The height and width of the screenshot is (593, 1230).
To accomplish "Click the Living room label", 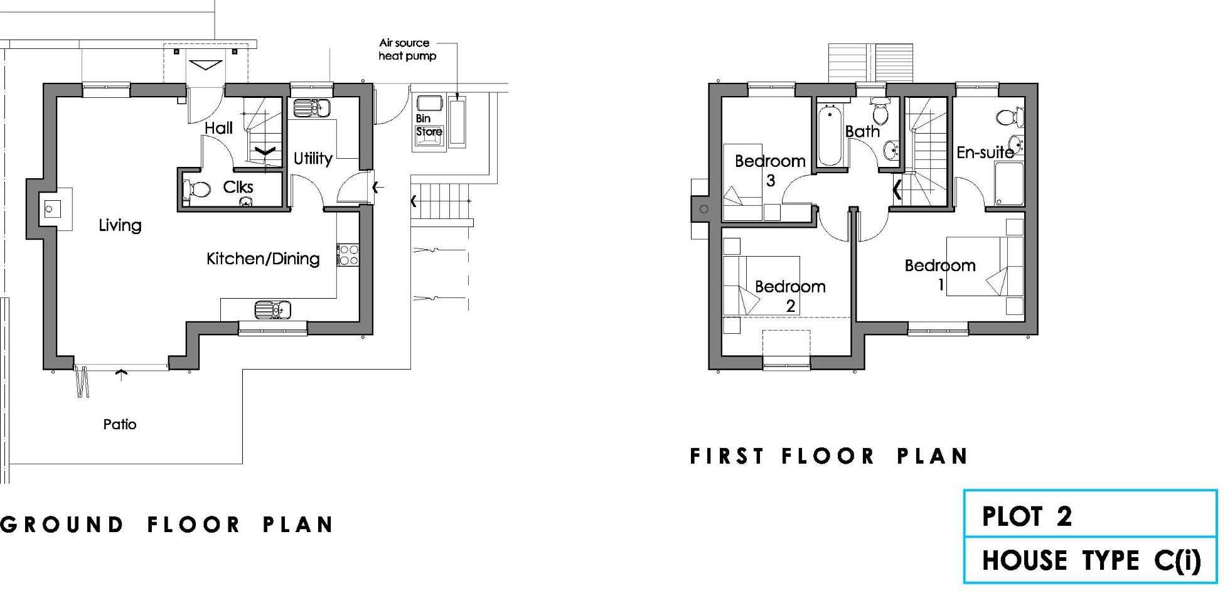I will [120, 225].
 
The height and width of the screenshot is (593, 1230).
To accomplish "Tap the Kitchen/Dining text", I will [263, 259].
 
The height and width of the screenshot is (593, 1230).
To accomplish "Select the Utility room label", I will [313, 158].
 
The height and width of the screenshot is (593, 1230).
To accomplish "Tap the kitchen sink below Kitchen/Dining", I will [272, 309].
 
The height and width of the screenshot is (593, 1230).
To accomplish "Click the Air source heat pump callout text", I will [405, 50].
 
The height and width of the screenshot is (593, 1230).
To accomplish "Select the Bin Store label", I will [429, 125].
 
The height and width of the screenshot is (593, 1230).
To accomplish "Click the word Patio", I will [120, 425].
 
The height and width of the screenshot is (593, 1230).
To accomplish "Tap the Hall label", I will [218, 128].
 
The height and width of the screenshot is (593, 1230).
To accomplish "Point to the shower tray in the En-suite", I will [1008, 184].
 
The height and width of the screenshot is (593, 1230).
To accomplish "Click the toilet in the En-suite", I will [1010, 117].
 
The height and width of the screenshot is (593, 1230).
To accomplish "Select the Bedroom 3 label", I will [770, 170].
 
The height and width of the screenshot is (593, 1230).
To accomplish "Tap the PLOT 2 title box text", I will [1027, 516].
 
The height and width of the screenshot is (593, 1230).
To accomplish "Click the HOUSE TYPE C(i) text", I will [1091, 560].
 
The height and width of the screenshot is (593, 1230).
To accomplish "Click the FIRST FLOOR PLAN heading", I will [828, 456].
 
